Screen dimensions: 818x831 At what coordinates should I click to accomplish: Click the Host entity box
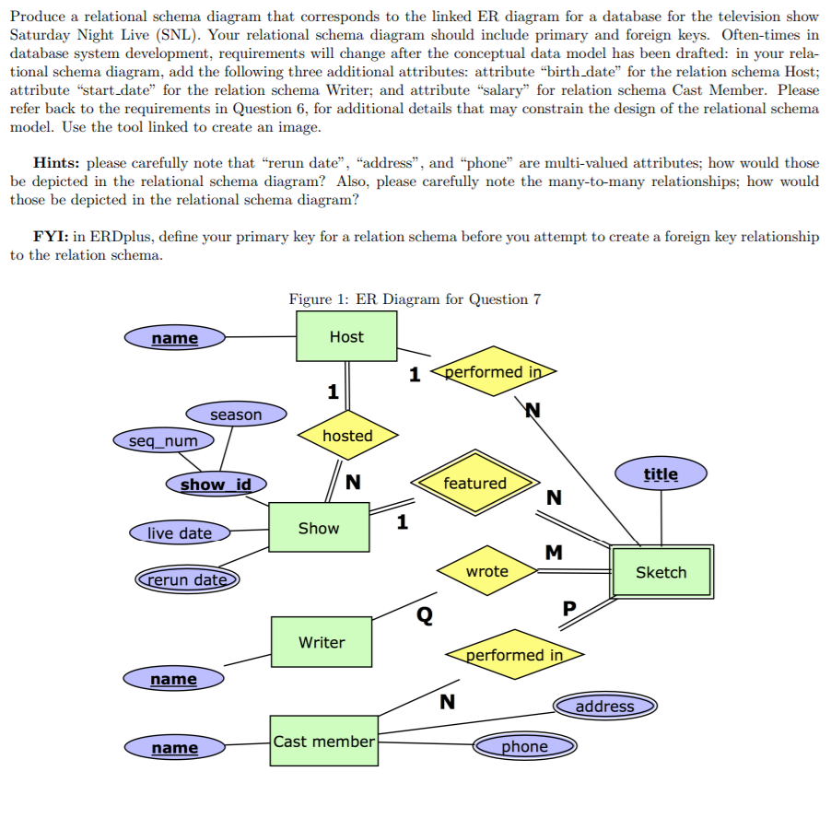[x=346, y=336]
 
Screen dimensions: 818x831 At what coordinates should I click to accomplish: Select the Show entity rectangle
[x=319, y=528]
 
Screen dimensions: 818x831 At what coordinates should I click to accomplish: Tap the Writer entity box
[x=322, y=642]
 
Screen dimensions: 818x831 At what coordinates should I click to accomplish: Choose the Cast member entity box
[x=323, y=742]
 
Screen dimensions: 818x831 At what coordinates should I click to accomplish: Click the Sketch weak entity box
[x=661, y=572]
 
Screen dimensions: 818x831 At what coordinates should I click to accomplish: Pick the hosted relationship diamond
[x=347, y=436]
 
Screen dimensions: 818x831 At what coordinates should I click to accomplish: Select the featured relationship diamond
[x=474, y=483]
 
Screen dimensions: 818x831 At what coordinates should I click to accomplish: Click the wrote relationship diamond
[x=486, y=571]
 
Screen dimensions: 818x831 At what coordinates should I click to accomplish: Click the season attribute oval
[x=236, y=415]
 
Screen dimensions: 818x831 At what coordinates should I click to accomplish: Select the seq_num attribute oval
[x=163, y=440]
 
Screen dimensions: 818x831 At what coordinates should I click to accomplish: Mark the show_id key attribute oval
[x=216, y=484]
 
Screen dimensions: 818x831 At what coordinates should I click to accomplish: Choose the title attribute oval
[x=661, y=474]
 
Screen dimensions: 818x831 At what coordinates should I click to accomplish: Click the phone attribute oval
[x=524, y=746]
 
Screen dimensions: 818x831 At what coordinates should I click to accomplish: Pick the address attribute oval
[x=604, y=706]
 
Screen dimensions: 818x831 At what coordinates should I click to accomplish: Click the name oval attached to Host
[x=174, y=338]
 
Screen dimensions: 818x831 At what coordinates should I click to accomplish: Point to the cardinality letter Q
[x=424, y=614]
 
